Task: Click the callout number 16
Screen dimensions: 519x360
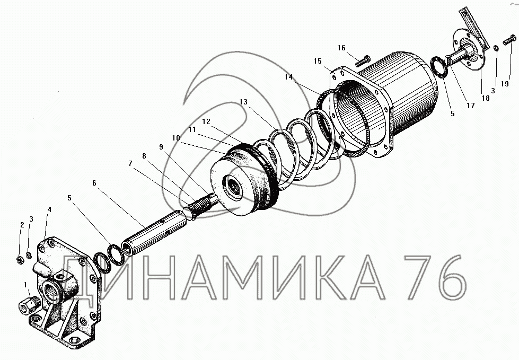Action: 341,48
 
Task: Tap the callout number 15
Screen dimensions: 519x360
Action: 318,61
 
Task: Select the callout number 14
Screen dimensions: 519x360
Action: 288,77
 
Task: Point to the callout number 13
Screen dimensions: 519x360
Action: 243,102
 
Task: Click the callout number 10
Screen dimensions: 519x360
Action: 176,138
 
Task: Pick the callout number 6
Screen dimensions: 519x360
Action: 94,183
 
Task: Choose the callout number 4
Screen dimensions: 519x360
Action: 49,209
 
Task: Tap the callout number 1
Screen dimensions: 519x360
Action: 25,285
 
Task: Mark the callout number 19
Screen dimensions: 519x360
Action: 505,84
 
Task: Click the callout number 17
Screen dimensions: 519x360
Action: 471,106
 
